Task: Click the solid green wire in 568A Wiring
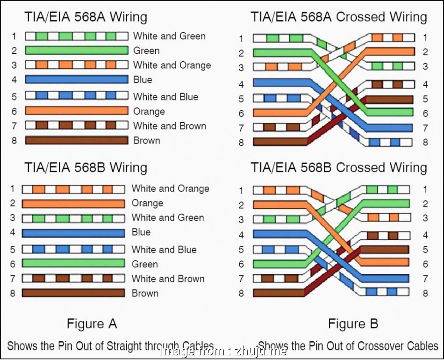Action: pos(76,50)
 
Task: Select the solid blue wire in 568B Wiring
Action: pos(73,232)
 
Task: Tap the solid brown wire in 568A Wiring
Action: pos(76,140)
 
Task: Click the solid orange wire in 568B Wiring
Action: pos(73,203)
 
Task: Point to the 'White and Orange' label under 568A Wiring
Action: pos(172,65)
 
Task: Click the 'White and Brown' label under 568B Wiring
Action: pos(168,279)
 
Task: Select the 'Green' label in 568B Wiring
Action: pos(144,264)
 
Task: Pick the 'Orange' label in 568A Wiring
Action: pos(149,111)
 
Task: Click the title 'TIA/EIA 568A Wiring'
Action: pos(86,18)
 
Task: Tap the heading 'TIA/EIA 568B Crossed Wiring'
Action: pos(339,167)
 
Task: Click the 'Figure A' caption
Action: pos(92,324)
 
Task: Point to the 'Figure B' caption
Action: pos(352,324)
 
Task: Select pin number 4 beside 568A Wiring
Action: pos(14,80)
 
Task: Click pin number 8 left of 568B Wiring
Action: pos(13,294)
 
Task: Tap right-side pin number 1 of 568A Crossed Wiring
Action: pos(425,37)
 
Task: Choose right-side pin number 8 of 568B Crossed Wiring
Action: pos(425,293)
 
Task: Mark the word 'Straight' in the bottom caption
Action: pos(129,346)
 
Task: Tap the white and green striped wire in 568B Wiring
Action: pos(73,218)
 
